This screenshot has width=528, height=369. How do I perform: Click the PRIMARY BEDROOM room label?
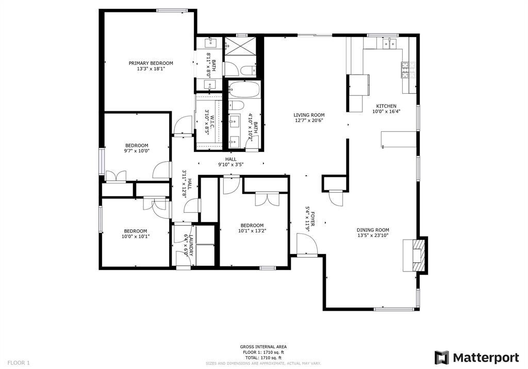click(151, 63)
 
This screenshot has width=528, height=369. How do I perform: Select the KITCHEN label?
click(386, 106)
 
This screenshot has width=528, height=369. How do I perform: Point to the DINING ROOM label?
click(373, 230)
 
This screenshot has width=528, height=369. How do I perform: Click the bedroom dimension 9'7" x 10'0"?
click(136, 151)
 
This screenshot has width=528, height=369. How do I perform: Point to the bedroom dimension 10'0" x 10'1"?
click(135, 237)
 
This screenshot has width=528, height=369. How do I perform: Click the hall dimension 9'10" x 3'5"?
click(230, 164)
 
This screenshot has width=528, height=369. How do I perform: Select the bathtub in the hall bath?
click(244, 90)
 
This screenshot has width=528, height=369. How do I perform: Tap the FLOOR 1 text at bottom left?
click(19, 363)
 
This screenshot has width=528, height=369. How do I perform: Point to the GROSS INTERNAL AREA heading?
click(263, 347)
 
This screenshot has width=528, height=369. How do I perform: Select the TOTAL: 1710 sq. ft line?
click(263, 358)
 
